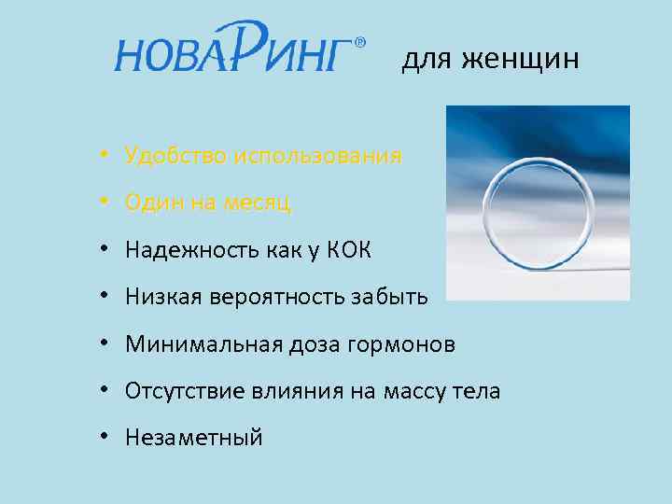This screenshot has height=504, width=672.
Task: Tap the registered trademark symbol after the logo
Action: pos(361,42)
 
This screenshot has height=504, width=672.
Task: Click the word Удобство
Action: pos(171,155)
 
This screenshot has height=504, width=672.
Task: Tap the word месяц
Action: pos(255,203)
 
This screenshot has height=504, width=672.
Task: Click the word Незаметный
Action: pos(194,437)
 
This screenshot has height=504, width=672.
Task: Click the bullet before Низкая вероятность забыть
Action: pos(110,298)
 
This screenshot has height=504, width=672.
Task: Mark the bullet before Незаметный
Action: pos(110,438)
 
